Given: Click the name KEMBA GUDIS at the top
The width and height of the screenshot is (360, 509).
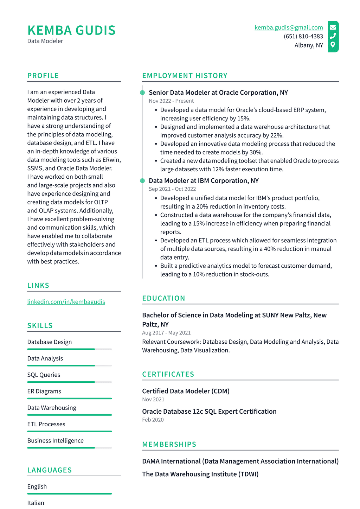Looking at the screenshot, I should [71, 31].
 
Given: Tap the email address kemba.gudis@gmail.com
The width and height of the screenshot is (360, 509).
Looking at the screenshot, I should [289, 27].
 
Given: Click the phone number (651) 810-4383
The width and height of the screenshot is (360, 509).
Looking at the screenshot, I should [303, 36].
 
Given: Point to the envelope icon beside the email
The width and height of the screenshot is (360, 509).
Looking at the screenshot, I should [333, 27].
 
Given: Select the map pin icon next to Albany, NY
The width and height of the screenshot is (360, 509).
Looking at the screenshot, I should [333, 45].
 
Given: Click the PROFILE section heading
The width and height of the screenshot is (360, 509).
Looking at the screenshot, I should [43, 76].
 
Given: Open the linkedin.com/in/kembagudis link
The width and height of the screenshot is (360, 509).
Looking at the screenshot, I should [66, 302].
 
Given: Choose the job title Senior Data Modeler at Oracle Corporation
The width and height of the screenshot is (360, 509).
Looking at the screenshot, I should [218, 93].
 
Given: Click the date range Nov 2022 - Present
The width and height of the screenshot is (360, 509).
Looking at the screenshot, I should [171, 101].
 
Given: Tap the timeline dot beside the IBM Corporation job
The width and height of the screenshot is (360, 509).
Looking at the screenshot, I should [142, 181].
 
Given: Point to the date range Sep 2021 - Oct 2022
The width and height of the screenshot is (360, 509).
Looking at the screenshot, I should [172, 189].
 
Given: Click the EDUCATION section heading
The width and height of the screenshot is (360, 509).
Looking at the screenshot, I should [163, 298].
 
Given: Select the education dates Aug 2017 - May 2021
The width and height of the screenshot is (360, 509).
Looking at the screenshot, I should [166, 333].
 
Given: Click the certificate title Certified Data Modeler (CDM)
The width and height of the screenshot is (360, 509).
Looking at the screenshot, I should [186, 391].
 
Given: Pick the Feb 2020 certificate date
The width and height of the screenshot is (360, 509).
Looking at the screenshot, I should [153, 420].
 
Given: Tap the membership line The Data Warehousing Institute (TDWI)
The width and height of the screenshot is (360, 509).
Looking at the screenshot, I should [200, 474].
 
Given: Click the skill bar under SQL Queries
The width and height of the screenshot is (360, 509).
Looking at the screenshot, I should [69, 382].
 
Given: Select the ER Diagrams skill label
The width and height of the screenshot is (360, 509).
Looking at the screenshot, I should [44, 391].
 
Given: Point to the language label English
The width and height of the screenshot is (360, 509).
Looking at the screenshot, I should [37, 486].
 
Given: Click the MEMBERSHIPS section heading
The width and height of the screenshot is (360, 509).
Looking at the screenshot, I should [169, 444].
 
